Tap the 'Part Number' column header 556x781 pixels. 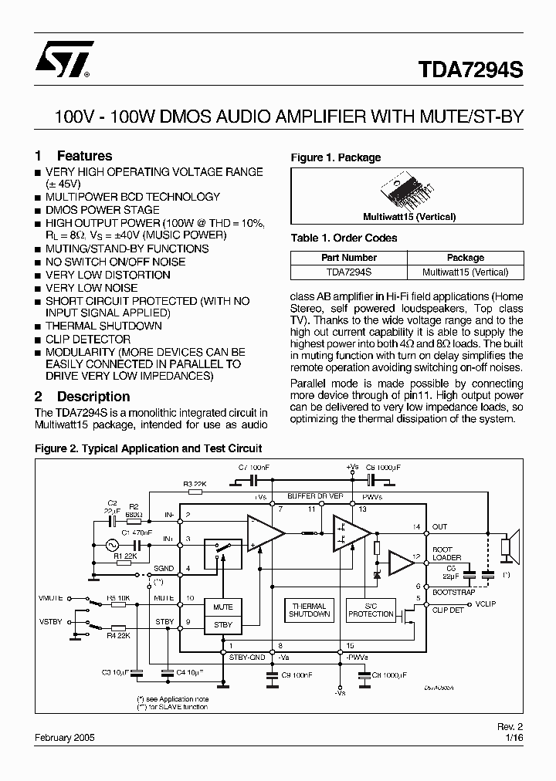(349, 258)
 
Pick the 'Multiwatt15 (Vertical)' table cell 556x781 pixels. (465, 272)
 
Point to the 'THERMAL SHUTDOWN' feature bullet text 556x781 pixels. (103, 326)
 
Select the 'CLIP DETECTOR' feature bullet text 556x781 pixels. (88, 340)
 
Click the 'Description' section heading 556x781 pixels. (93, 397)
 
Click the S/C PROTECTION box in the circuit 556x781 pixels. (371, 610)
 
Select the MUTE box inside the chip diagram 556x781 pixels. (222, 607)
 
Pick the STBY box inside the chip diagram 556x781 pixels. (222, 624)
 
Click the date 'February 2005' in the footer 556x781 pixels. (65, 738)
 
